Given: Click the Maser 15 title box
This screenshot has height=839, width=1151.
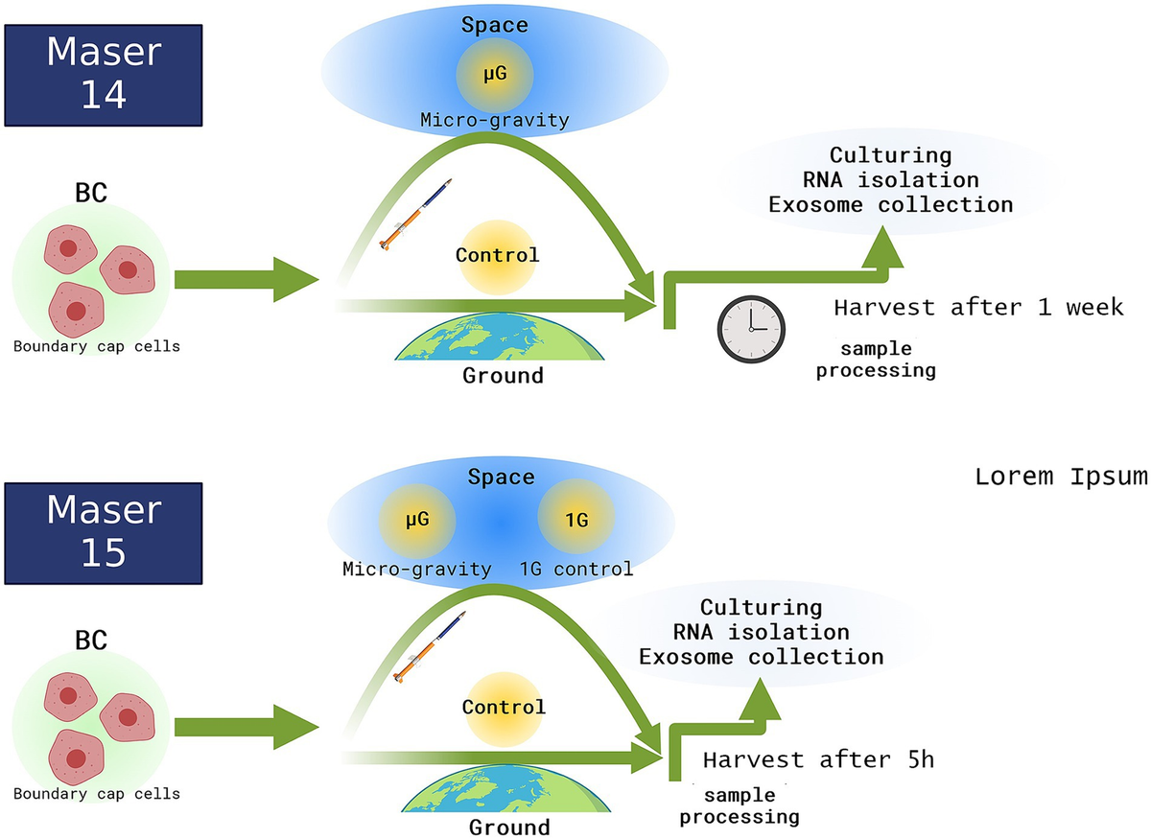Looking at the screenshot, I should (x=104, y=531).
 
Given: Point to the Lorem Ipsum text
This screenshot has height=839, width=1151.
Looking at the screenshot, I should (x=1061, y=477).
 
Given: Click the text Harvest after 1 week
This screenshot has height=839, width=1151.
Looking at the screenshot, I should (x=977, y=309).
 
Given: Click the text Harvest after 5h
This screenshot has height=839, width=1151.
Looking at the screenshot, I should (x=818, y=759).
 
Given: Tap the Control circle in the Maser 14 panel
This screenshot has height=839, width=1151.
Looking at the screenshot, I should (x=497, y=256).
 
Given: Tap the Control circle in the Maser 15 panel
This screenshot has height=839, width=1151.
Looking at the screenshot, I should (x=503, y=708).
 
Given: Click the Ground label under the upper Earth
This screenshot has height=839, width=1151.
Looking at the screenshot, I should (x=503, y=375).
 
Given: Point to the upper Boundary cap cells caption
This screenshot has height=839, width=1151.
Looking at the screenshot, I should (x=96, y=345).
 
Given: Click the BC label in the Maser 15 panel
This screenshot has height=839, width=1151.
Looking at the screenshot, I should (x=91, y=639).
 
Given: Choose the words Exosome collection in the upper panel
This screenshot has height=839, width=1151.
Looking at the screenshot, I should (x=921, y=204).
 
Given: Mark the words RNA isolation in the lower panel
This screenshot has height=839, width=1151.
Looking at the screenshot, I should (x=761, y=632).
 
